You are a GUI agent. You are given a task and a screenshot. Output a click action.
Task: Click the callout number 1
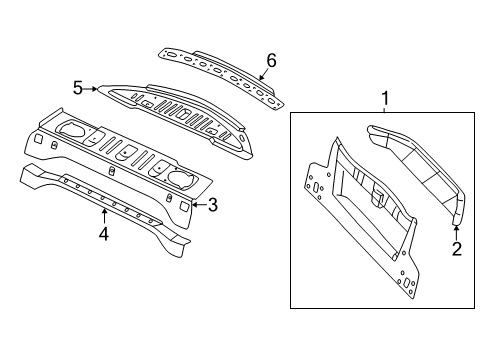point(384,98)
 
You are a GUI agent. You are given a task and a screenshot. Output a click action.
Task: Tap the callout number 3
point(211,205)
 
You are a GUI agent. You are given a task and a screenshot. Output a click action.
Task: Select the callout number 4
point(103,236)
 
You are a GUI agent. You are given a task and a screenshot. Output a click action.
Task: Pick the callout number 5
point(77,88)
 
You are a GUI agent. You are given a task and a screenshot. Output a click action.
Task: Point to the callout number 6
point(269,61)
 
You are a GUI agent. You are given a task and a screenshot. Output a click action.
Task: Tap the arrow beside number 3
point(195,205)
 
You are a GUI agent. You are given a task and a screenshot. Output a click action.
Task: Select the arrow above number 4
point(103,214)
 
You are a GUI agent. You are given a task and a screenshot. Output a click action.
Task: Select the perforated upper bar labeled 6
point(220,70)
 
